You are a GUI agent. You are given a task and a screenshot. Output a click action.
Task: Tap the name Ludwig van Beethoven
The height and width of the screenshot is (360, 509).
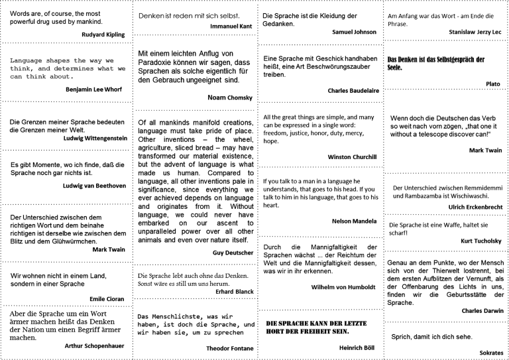(x=94, y=185)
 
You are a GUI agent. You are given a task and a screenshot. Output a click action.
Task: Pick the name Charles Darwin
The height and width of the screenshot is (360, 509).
(x=482, y=310)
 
